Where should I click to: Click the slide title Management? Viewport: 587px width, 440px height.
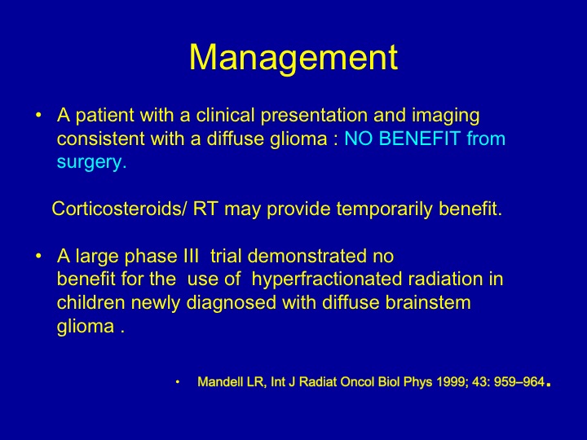point(293,58)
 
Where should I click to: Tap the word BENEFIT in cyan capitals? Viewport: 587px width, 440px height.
point(420,139)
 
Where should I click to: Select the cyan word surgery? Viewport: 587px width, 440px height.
point(91,162)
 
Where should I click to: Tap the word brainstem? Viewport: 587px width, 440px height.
point(428,302)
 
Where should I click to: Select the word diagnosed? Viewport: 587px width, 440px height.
point(232,303)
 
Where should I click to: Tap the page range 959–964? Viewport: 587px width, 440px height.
point(519,382)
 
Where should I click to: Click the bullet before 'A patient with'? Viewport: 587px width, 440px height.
point(38,115)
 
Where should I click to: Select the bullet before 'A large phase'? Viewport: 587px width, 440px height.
point(38,257)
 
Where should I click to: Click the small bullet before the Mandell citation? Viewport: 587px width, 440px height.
point(178,382)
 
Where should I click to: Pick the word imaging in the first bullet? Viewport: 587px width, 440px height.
point(445,116)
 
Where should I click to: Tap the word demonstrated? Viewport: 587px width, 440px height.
point(307,257)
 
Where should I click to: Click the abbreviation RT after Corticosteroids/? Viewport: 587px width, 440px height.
point(205,209)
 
